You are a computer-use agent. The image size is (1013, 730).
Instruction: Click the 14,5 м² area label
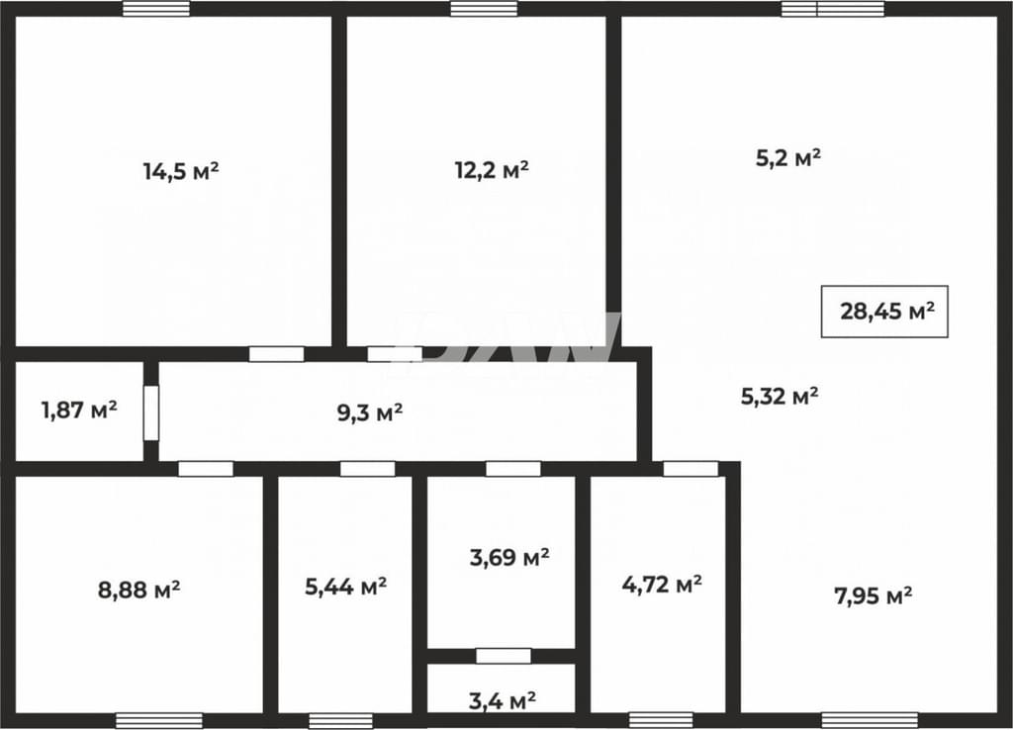(181, 172)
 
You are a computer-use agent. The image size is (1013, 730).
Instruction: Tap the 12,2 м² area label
(493, 170)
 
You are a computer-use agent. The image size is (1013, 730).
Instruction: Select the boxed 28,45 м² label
(884, 312)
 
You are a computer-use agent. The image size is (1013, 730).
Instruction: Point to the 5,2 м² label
(788, 157)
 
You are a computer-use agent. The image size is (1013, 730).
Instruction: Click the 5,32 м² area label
(780, 396)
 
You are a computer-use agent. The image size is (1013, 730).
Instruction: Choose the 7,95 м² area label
(874, 595)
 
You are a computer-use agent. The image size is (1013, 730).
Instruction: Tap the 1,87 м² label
(79, 410)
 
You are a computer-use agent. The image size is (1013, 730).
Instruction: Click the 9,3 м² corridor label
(370, 412)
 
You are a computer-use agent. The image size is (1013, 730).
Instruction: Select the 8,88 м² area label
(138, 590)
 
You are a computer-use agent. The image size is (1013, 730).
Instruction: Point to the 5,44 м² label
(345, 587)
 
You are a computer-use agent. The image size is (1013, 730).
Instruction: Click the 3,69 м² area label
(509, 557)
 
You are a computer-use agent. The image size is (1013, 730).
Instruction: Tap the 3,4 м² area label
(502, 700)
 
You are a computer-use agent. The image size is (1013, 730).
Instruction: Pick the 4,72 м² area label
(662, 586)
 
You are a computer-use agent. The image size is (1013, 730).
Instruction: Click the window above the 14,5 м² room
(156, 8)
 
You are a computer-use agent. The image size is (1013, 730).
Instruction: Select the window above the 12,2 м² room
(484, 8)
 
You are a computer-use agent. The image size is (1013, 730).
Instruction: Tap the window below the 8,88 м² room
(159, 721)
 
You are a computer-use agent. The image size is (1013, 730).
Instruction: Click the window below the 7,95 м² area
(870, 721)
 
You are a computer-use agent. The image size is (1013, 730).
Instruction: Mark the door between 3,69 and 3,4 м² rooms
(504, 656)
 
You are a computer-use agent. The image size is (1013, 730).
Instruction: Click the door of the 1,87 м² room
(151, 412)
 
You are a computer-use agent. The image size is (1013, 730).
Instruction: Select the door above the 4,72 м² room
(691, 469)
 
